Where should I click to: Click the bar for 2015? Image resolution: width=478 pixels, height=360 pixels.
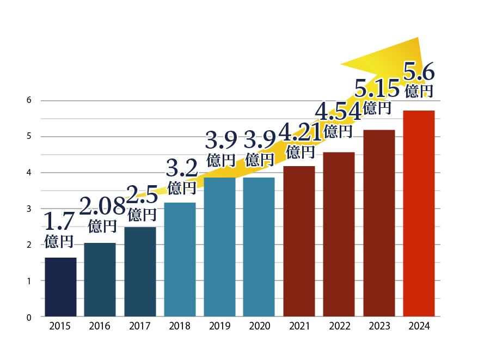[60, 287]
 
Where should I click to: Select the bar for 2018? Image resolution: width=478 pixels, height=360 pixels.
[180, 259]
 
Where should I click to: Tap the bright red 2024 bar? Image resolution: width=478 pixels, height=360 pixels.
[418, 213]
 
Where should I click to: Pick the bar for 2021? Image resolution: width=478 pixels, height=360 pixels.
[299, 241]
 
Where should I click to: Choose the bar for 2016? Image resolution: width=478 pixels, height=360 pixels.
[100, 279]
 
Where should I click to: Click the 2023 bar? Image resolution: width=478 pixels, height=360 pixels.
[379, 223]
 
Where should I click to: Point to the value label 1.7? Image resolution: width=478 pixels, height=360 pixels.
[59, 221]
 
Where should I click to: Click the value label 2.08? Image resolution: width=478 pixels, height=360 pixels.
[102, 206]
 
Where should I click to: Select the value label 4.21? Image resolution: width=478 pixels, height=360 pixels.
[301, 131]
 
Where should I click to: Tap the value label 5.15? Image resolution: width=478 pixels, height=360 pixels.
[378, 87]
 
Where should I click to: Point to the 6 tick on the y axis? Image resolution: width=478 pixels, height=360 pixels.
[29, 100]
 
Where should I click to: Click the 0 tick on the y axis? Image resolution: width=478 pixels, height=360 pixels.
[29, 316]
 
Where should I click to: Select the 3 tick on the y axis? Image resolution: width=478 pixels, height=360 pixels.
[29, 209]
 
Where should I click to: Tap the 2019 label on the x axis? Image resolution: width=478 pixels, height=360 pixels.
[219, 326]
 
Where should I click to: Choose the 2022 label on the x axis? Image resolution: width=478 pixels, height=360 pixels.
[339, 326]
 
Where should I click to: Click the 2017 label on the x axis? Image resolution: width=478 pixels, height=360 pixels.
[140, 326]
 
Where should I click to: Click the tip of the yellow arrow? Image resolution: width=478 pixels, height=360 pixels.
[417, 38]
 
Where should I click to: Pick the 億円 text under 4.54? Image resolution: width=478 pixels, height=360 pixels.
[338, 131]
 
